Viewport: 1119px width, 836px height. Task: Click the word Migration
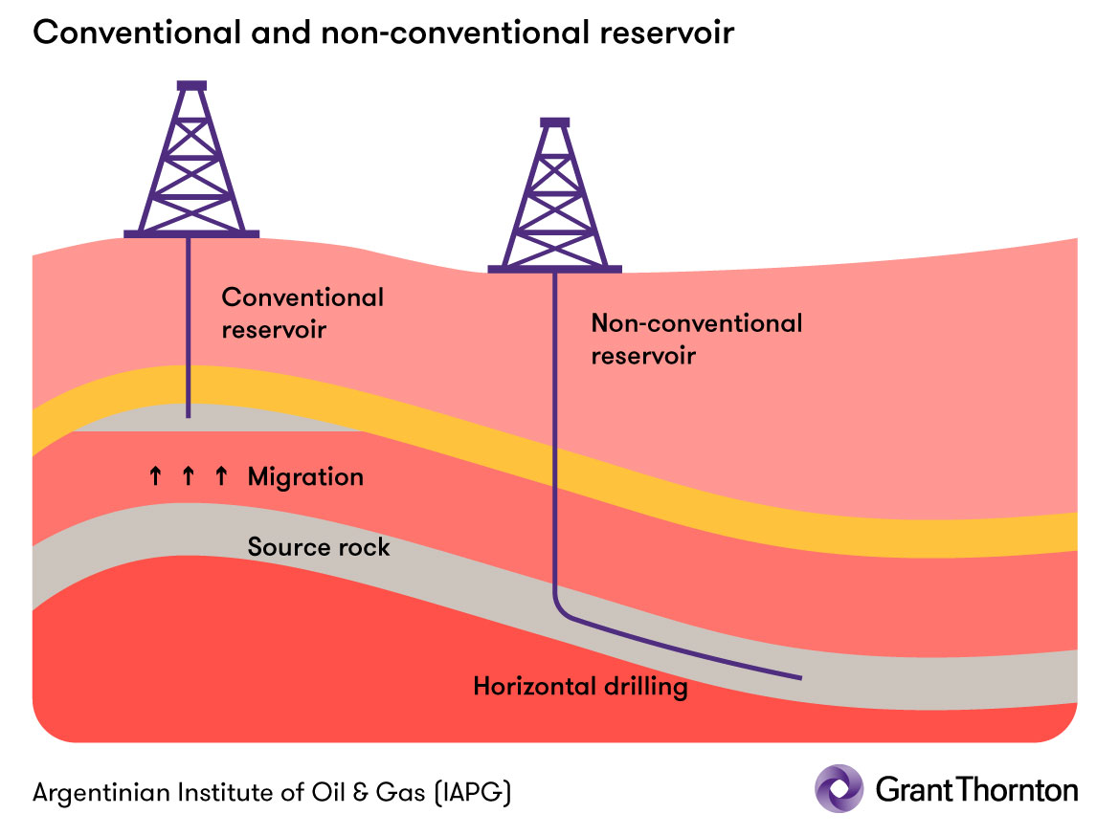pos(305,476)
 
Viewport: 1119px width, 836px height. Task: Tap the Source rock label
pos(319,547)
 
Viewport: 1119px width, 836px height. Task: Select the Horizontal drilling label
pos(580,687)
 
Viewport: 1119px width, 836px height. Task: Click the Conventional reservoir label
pos(302,313)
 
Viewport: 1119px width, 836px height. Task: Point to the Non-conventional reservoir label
pos(696,339)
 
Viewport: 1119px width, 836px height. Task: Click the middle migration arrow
pos(188,475)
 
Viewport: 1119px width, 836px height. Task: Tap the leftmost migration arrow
pos(155,475)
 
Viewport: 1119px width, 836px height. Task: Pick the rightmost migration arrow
pos(221,475)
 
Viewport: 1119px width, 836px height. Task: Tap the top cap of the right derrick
pos(554,122)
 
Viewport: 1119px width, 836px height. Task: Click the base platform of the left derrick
pos(191,233)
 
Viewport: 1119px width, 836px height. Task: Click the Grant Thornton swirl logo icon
pos(839,788)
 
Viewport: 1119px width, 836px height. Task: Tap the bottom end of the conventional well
pos(189,415)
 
